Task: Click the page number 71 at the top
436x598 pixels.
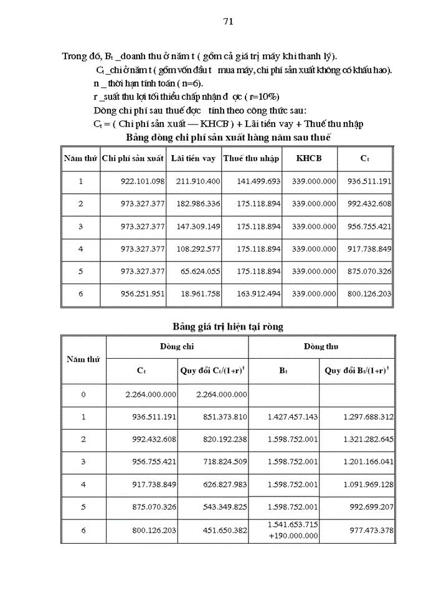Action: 227,21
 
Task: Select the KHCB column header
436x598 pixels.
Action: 310,158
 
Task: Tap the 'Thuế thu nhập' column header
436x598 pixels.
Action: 252,158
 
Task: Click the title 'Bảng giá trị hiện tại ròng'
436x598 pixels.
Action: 227,326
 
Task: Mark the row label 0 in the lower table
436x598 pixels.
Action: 83,394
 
